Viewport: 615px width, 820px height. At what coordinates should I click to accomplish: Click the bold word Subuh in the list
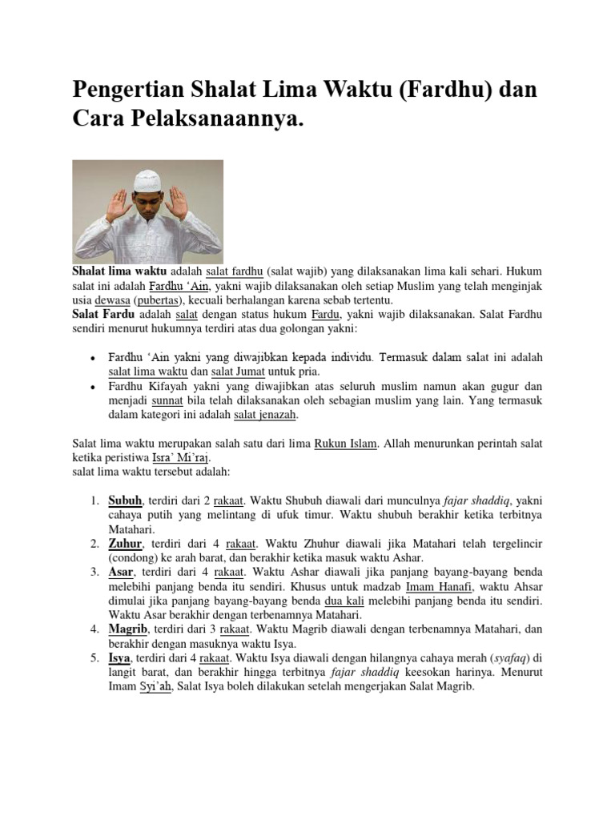coord(125,501)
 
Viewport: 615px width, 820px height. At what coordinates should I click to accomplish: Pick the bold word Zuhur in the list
coord(125,544)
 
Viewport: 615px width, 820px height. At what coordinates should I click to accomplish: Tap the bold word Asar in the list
coord(122,572)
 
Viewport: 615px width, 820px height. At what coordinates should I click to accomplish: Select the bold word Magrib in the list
coord(128,629)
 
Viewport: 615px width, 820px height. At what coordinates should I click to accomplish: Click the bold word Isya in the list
coord(120,657)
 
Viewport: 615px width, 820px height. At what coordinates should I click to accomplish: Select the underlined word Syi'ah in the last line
coord(155,686)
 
